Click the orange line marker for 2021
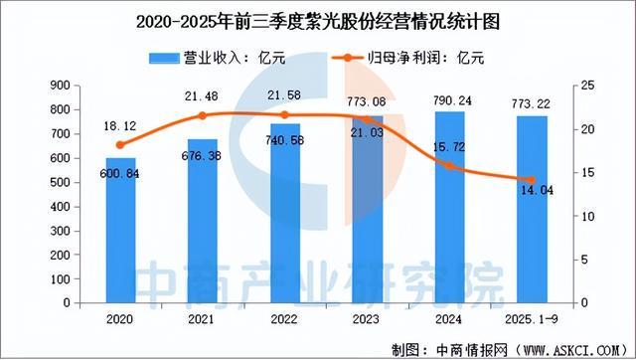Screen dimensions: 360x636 click(203, 116)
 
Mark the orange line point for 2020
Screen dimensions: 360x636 click(120, 145)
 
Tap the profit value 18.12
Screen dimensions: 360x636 click(120, 127)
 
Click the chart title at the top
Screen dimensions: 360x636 click(318, 21)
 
